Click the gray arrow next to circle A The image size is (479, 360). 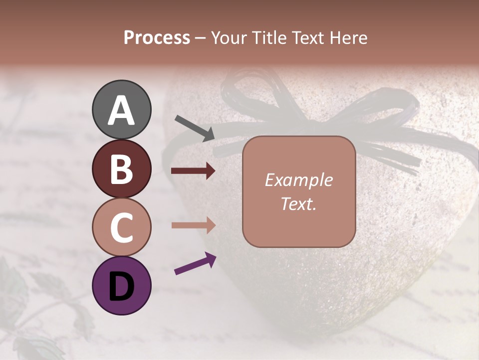click(x=195, y=127)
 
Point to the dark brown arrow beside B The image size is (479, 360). click(x=193, y=171)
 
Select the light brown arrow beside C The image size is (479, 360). click(x=193, y=225)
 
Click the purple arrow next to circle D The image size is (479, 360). click(x=195, y=264)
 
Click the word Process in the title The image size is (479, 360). click(x=157, y=38)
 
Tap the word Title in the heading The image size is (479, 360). click(x=268, y=38)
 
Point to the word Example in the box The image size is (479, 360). click(x=298, y=180)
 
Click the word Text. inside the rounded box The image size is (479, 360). click(x=298, y=203)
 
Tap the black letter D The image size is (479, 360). click(x=121, y=286)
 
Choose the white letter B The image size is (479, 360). click(x=121, y=169)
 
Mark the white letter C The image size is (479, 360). click(x=121, y=228)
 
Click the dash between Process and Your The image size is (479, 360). click(x=201, y=38)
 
